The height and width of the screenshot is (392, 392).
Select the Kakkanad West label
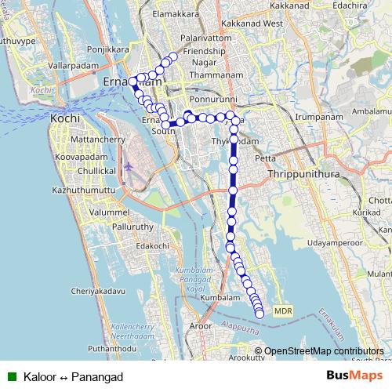(x=252, y=24)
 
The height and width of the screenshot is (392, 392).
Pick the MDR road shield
(x=283, y=311)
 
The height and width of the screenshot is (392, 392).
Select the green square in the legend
(x=13, y=376)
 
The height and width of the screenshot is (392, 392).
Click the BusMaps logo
(x=354, y=376)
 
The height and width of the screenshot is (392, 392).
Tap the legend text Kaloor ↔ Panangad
(x=74, y=377)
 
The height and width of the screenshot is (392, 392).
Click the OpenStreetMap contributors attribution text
(x=323, y=351)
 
